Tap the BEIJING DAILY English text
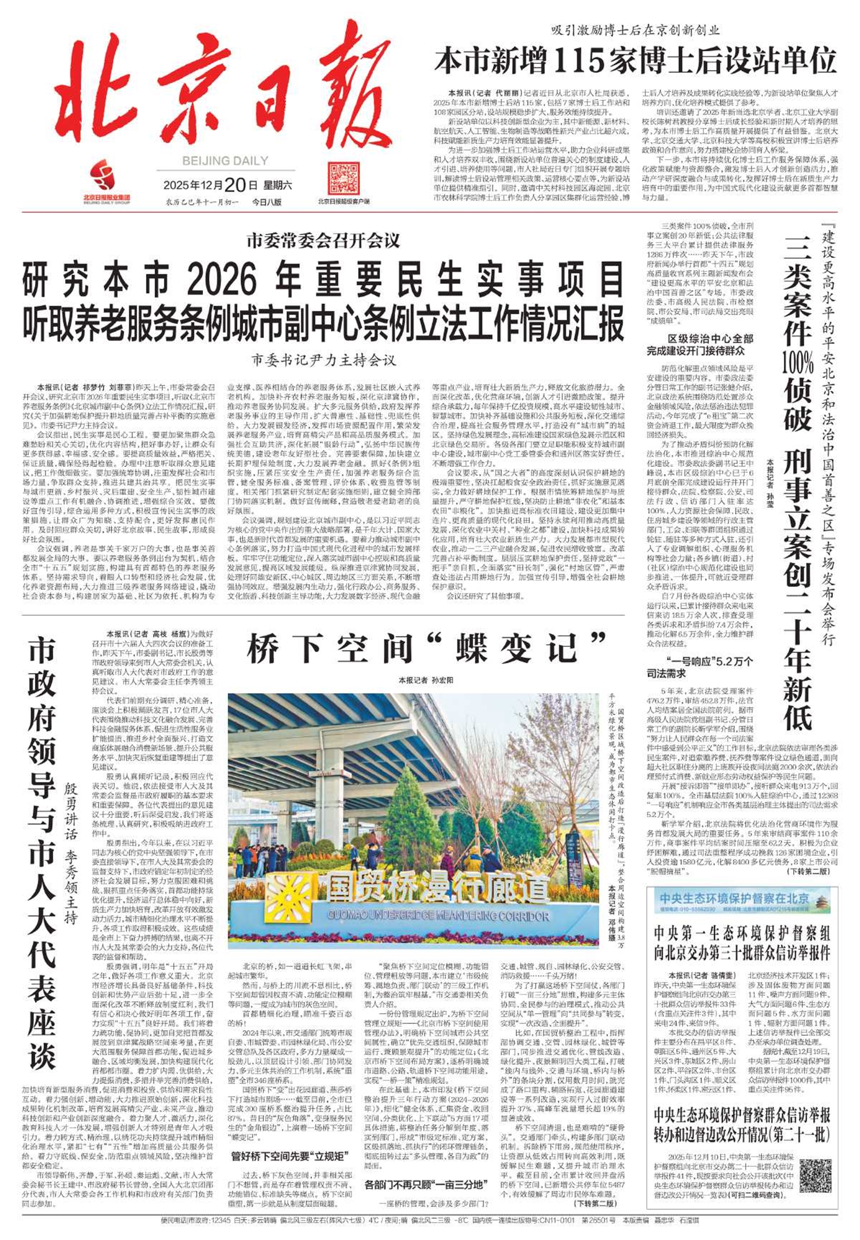coord(225,160)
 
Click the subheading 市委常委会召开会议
coord(323,240)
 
